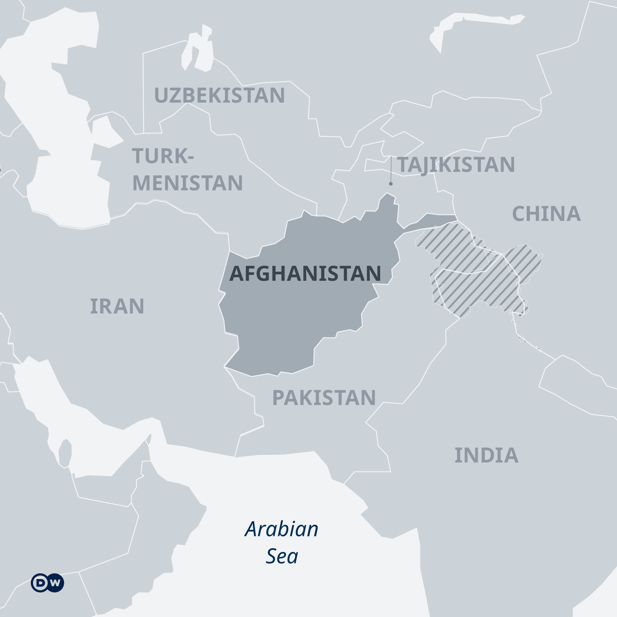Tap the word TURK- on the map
point(163,156)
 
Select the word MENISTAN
point(188,183)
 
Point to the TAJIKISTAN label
point(456,165)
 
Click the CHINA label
point(546,214)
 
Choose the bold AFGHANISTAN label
point(305,273)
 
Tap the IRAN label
point(117,306)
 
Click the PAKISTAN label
point(324,398)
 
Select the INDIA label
point(487,455)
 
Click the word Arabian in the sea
point(282,529)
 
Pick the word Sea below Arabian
point(282,556)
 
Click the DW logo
point(48,583)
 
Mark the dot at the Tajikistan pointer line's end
point(391,184)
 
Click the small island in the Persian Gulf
point(65,453)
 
